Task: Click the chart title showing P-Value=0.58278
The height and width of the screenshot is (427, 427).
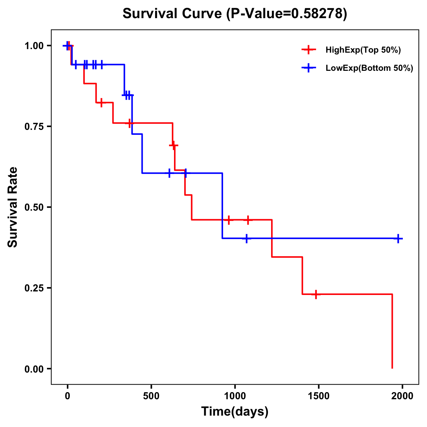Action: (x=234, y=14)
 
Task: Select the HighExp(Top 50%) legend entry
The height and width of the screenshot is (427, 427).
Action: (x=363, y=50)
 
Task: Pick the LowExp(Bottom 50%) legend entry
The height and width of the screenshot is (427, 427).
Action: (x=369, y=68)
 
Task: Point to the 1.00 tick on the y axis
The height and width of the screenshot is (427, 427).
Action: (x=34, y=46)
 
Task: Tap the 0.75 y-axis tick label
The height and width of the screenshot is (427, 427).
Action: (x=34, y=127)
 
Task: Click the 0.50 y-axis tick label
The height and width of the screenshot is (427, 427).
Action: (x=34, y=207)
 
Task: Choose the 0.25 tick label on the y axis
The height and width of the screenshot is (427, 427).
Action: (x=34, y=288)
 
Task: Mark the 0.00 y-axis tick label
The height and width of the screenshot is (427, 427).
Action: (x=34, y=369)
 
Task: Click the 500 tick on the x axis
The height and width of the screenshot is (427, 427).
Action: (x=151, y=396)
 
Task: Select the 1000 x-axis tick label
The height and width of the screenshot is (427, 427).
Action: (x=235, y=396)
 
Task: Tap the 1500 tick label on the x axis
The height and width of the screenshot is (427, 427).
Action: (x=318, y=396)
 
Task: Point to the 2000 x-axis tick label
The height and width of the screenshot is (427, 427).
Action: (x=402, y=396)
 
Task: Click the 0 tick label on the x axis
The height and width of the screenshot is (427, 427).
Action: (x=68, y=396)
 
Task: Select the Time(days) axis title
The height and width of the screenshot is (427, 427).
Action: (x=234, y=412)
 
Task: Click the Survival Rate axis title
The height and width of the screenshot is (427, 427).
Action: (x=13, y=207)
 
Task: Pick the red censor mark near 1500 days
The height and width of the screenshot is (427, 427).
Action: (x=316, y=294)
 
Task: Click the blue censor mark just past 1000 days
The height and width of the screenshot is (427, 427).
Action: (x=246, y=238)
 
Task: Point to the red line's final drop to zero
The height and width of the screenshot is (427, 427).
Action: (x=392, y=331)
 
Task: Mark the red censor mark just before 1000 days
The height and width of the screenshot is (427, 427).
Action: (x=229, y=220)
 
